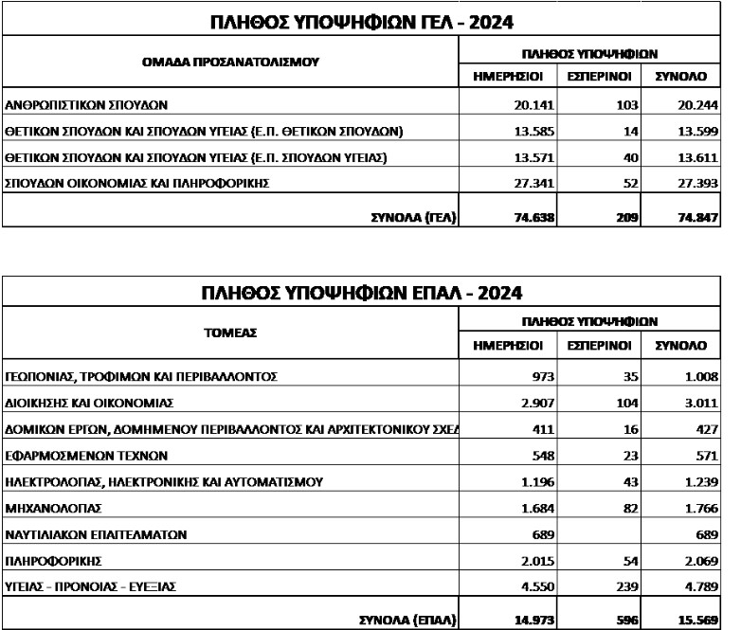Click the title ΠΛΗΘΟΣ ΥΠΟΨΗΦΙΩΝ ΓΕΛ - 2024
click(x=359, y=21)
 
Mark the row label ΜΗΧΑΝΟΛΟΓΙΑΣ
click(x=56, y=508)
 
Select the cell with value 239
click(x=625, y=587)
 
